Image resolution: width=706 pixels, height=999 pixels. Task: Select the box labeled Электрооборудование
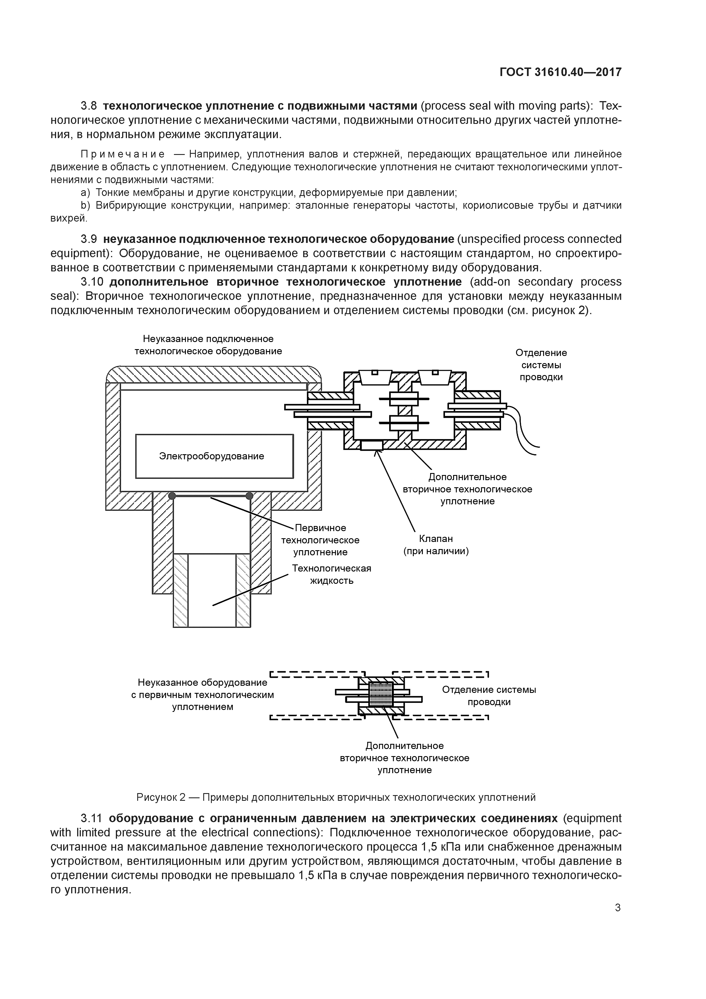coord(214,456)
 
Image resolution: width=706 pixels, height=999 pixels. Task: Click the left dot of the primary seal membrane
coord(172,496)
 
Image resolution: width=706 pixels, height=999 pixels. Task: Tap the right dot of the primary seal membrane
coord(249,496)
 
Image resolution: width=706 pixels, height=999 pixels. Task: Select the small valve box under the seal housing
coord(372,445)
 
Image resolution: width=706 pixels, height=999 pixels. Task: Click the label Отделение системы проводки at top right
coord(541,365)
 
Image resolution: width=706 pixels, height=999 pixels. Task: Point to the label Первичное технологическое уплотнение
coord(320,540)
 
